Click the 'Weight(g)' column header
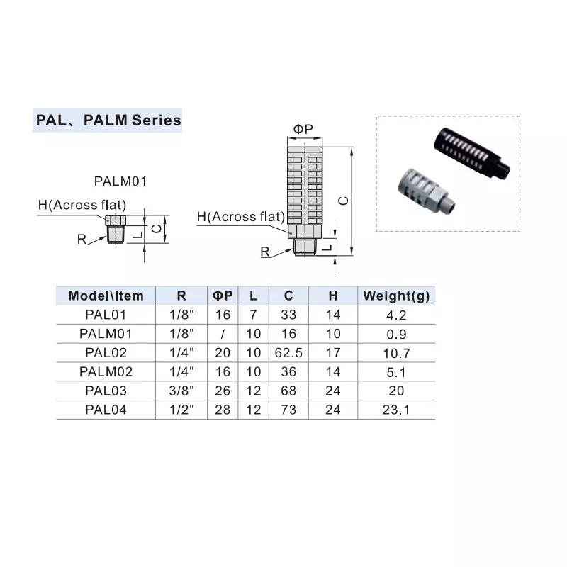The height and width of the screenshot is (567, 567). pos(395,296)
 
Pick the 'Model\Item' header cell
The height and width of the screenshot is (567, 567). pos(106,296)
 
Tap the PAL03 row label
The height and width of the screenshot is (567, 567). pos(106,391)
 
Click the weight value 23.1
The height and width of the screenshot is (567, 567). pos(395,410)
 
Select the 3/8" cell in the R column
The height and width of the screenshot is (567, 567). pos(181,391)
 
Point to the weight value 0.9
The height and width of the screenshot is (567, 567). pos(395,333)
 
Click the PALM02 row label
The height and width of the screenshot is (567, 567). pos(106,371)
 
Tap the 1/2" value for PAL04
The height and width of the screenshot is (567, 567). pos(181,410)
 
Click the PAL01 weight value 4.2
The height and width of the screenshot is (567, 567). pos(395,314)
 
